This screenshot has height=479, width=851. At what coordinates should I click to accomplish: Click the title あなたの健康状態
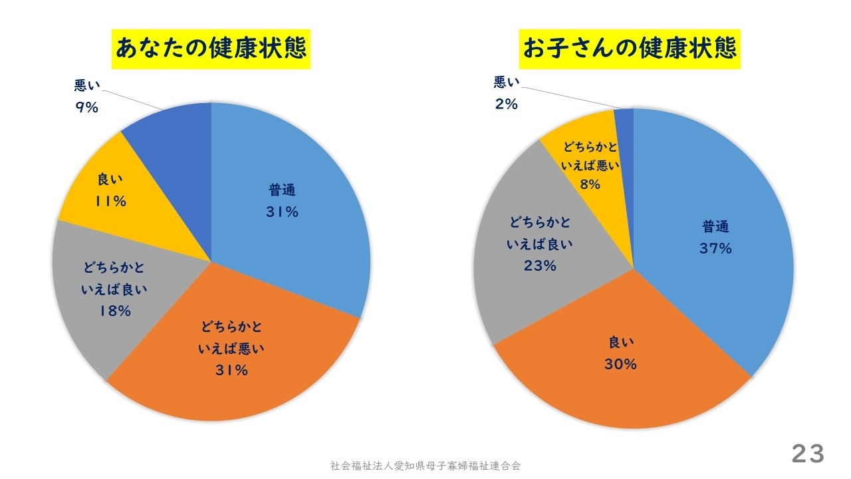(211, 49)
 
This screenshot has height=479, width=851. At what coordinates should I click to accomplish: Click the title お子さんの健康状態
(630, 49)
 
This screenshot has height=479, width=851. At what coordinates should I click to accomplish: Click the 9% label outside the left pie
(86, 107)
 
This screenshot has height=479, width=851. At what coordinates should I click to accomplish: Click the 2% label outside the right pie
(506, 104)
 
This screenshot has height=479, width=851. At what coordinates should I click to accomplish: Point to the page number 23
(808, 454)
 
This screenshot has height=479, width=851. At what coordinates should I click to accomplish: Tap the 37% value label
(715, 249)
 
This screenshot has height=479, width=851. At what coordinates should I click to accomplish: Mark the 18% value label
(114, 311)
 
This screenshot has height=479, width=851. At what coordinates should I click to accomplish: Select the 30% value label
(620, 365)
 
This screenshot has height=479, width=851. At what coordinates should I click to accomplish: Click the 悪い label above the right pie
(507, 82)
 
